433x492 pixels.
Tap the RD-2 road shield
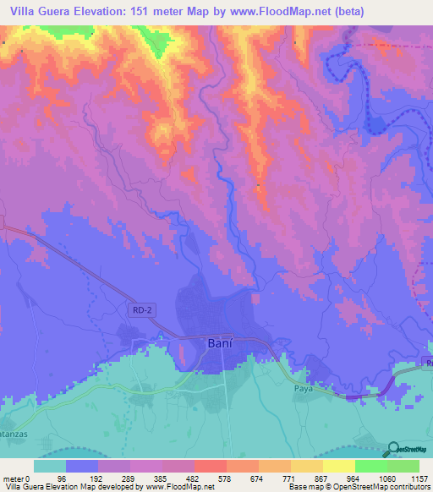[x=143, y=311]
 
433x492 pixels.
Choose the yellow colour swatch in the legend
[x=338, y=466]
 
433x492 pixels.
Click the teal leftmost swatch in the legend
[x=49, y=466]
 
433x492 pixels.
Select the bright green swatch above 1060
[x=370, y=466]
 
